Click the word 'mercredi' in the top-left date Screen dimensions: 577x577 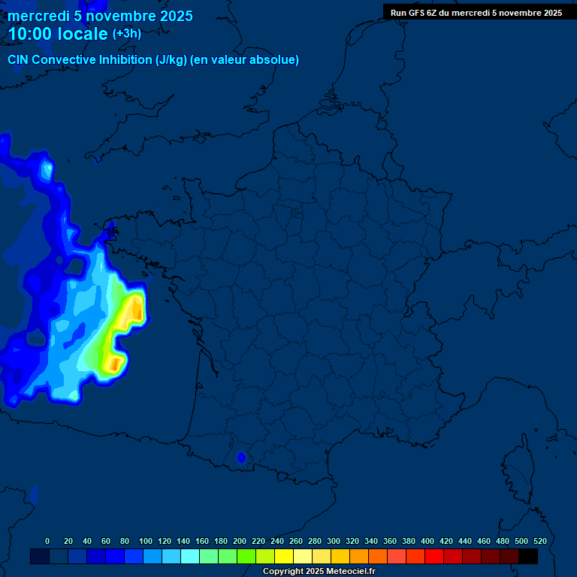click(x=38, y=17)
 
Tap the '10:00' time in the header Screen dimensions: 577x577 click(x=31, y=34)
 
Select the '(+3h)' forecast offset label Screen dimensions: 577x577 click(x=126, y=34)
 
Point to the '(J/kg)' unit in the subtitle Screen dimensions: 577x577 click(x=171, y=60)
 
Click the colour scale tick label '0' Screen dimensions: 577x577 click(x=47, y=541)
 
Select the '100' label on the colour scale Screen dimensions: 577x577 click(x=146, y=541)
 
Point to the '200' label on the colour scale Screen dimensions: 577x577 click(x=240, y=541)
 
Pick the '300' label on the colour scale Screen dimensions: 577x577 click(x=334, y=541)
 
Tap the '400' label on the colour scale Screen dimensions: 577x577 click(x=427, y=541)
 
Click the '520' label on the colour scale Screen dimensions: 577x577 click(x=539, y=541)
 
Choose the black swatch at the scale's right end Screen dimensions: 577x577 click(x=528, y=556)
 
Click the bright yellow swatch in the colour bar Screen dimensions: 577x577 click(x=284, y=556)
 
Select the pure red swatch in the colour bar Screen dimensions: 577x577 click(x=434, y=556)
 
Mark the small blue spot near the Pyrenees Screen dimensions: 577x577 click(x=241, y=457)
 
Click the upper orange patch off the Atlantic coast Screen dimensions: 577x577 click(x=136, y=309)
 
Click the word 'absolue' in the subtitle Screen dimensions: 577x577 click(x=275, y=60)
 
